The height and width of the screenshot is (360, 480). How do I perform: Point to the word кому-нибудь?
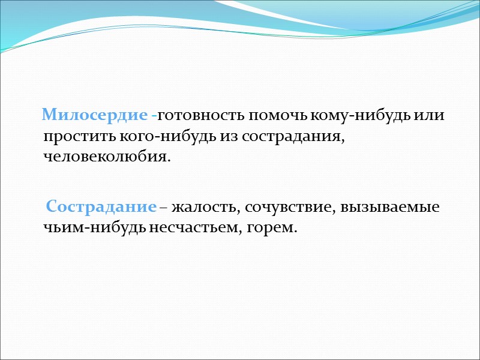point(359,115)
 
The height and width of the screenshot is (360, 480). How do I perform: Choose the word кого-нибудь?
point(149,136)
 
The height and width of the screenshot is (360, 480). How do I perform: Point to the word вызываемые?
point(390,207)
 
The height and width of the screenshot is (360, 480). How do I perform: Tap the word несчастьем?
point(188,229)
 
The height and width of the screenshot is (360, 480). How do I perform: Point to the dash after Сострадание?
point(163,208)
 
